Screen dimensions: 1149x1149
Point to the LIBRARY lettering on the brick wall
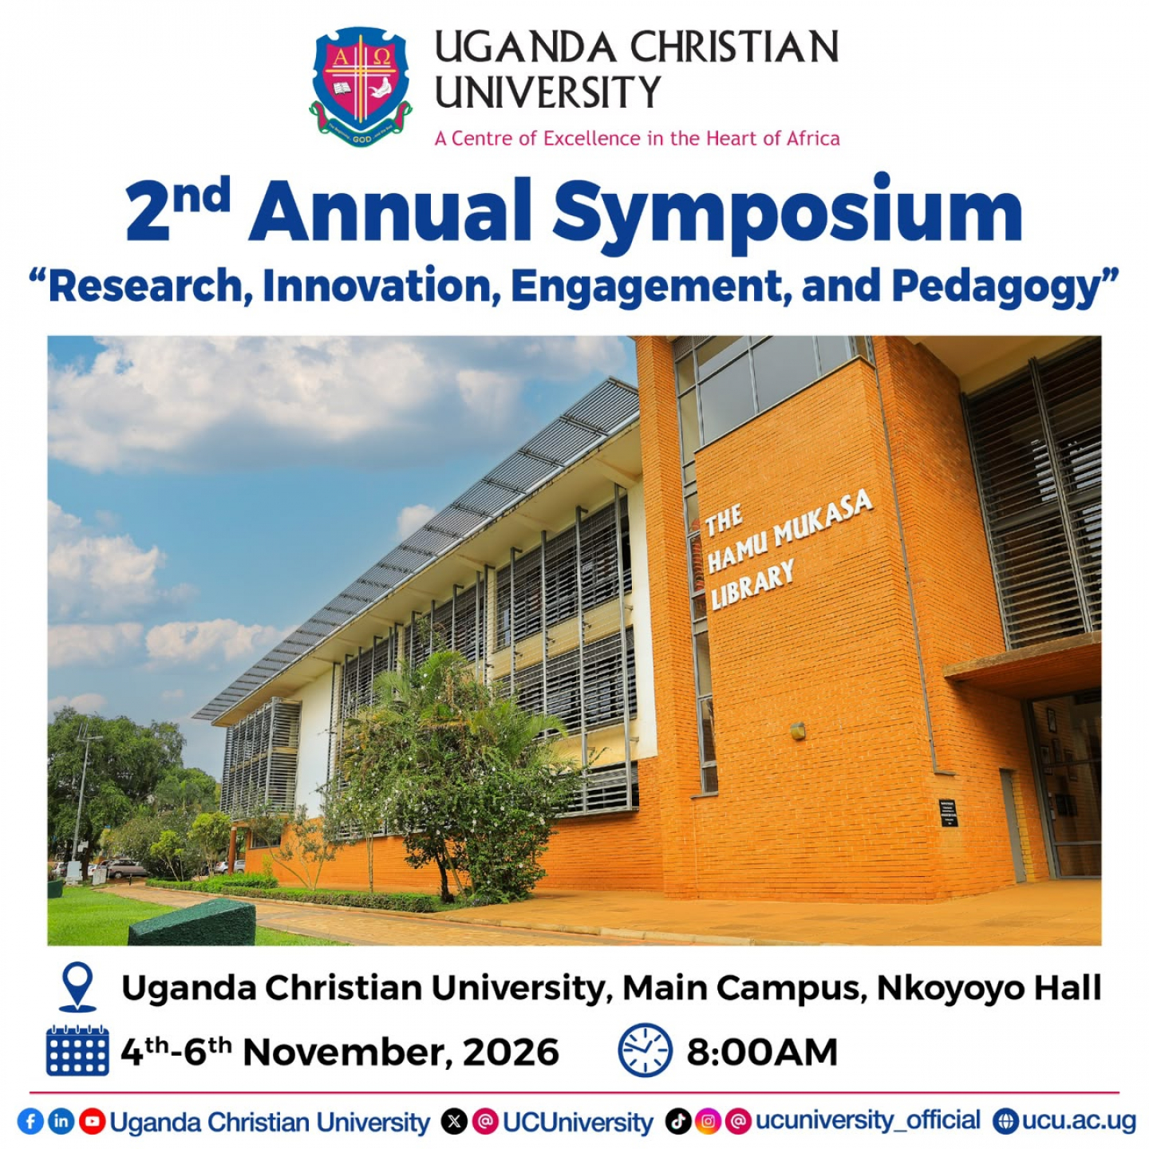click(753, 586)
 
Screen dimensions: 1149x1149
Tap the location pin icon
click(79, 987)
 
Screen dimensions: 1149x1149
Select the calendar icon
click(77, 1051)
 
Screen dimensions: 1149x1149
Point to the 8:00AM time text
click(762, 1052)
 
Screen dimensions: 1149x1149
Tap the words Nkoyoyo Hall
click(989, 989)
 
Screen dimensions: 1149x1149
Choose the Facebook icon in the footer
click(30, 1121)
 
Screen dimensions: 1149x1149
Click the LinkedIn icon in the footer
click(61, 1121)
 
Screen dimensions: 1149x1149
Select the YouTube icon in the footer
click(93, 1121)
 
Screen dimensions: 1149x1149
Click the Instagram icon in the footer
click(708, 1121)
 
